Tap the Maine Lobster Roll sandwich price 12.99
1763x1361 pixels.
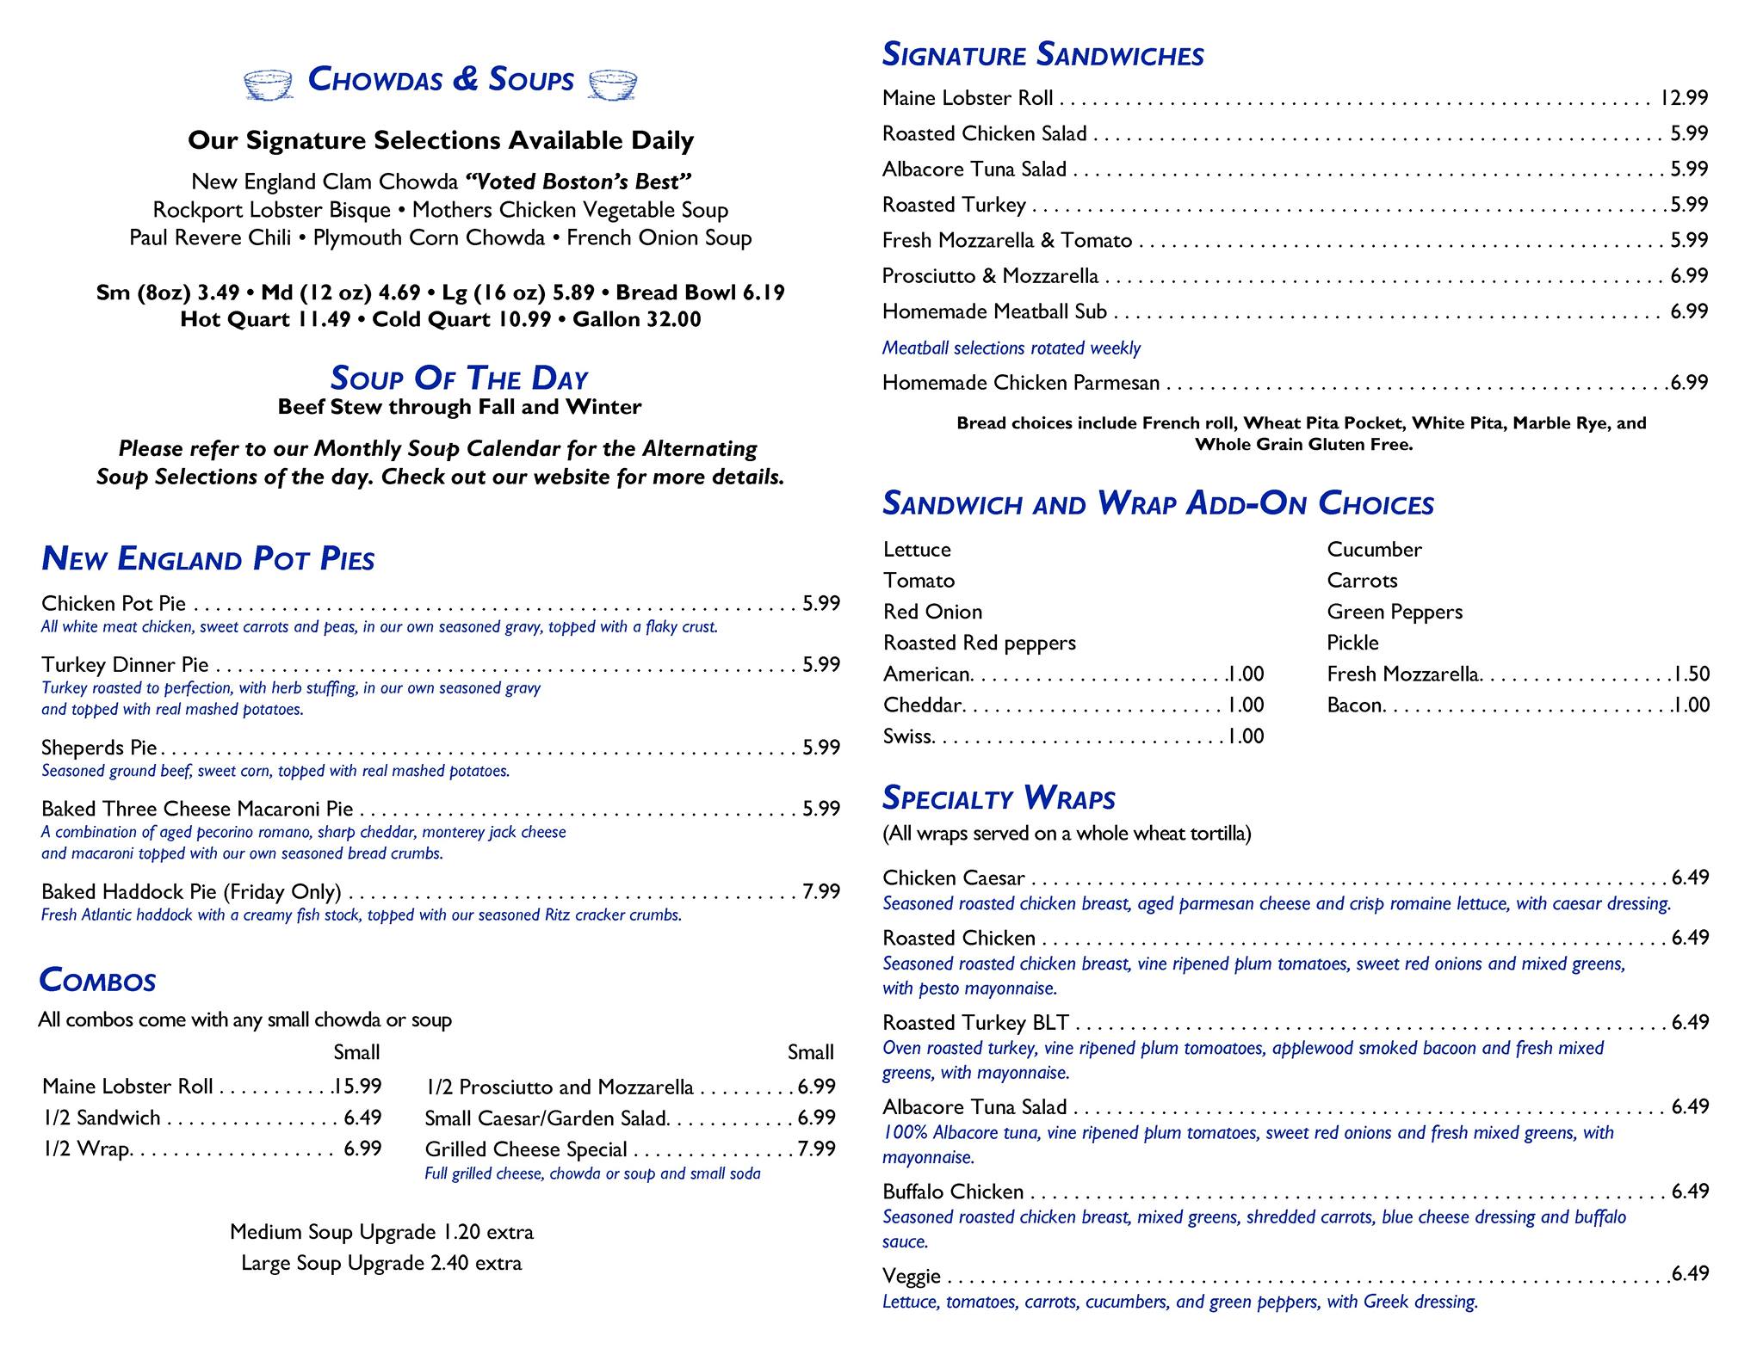(x=1683, y=98)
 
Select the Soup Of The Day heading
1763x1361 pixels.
(x=459, y=378)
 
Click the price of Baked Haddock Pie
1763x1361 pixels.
(x=821, y=891)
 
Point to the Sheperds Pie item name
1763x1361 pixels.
(x=99, y=747)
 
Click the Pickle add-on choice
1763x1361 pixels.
(x=1352, y=643)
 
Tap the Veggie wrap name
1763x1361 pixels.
(x=912, y=1276)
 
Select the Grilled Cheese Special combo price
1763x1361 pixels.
(x=816, y=1149)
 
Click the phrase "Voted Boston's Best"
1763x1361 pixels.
(x=578, y=182)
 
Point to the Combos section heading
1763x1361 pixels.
(x=97, y=981)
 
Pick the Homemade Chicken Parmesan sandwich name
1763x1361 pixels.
(x=1021, y=383)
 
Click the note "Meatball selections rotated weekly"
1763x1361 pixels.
(x=1011, y=348)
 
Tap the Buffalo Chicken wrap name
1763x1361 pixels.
(x=953, y=1192)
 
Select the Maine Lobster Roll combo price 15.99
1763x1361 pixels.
(x=357, y=1087)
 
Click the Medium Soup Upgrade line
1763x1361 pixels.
(x=381, y=1232)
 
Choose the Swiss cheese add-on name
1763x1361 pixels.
(x=907, y=736)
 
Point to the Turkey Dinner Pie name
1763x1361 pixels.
(x=125, y=664)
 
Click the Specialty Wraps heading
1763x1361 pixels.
(x=999, y=798)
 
